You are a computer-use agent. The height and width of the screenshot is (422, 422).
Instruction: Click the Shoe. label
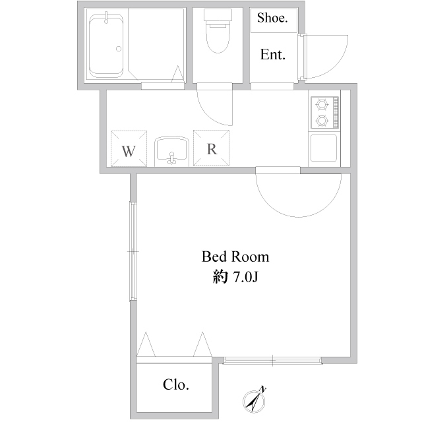(x=272, y=18)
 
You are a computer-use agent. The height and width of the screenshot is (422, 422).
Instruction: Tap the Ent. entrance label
(x=272, y=55)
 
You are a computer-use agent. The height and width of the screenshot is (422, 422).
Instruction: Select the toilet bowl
(x=218, y=37)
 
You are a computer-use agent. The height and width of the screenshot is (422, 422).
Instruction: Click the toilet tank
(x=218, y=15)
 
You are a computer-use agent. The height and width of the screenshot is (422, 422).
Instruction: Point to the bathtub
(x=106, y=45)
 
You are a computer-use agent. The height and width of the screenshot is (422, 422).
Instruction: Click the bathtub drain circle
(x=119, y=49)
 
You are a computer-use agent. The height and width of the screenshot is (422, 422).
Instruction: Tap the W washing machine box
(x=129, y=148)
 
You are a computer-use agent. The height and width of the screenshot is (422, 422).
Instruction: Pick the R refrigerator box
(x=211, y=148)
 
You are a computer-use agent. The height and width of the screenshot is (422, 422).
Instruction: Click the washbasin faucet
(x=171, y=158)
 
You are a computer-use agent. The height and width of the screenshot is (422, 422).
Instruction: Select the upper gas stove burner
(x=322, y=104)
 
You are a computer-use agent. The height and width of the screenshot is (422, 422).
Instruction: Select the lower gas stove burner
(x=322, y=121)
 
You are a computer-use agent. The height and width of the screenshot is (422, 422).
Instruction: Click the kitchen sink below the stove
(x=324, y=148)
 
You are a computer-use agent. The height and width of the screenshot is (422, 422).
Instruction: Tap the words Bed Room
(x=235, y=256)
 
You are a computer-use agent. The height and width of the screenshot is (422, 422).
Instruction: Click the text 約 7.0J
(x=235, y=276)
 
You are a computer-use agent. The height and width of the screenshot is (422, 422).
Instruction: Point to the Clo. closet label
(x=176, y=385)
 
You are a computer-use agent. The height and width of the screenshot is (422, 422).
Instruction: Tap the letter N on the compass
(x=262, y=389)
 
